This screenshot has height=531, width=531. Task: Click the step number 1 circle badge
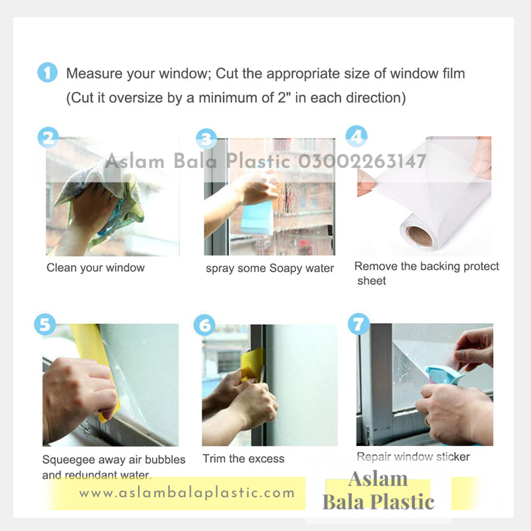coord(47,72)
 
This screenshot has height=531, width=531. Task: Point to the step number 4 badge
coord(357,137)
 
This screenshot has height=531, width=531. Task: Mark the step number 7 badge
coord(358,325)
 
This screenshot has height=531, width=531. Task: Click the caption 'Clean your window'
coord(96,268)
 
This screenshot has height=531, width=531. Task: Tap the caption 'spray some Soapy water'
coord(269,268)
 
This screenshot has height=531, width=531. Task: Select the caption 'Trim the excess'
coord(243,459)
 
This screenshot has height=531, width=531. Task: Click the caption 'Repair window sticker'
coord(413,457)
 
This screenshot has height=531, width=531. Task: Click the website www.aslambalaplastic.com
coord(187,493)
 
